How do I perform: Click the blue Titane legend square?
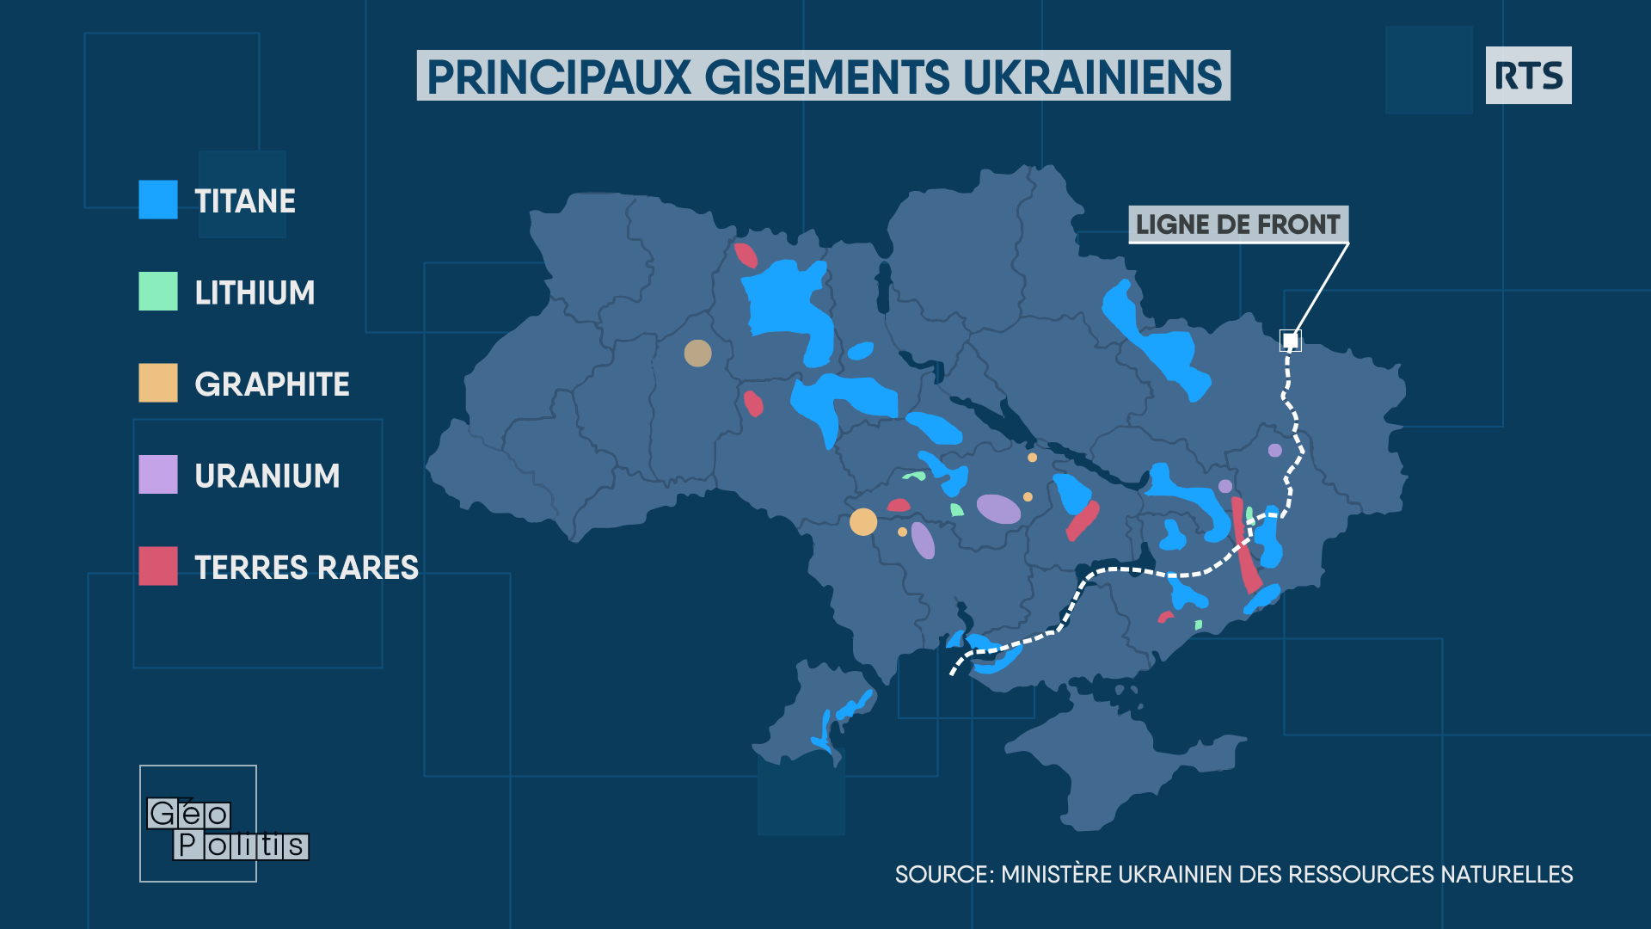pos(158,200)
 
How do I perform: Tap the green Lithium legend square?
pos(158,291)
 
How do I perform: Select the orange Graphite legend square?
pos(158,383)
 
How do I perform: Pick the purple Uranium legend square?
pos(158,474)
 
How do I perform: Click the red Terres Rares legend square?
pos(158,566)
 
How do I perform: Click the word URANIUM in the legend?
pos(267,476)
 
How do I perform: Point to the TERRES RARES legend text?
pos(306,568)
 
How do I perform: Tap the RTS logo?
pos(1528,76)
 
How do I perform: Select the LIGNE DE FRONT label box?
pos(1237,225)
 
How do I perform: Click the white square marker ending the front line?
pos(1290,341)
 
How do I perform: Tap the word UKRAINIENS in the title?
pos(1091,77)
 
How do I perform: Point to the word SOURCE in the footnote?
pos(943,875)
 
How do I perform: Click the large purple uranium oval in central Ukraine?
pos(998,509)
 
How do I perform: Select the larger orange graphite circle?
pos(863,522)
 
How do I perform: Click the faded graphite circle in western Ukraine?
pos(697,353)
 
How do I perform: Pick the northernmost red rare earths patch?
pos(746,255)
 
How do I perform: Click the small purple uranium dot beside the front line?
pos(1274,450)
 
